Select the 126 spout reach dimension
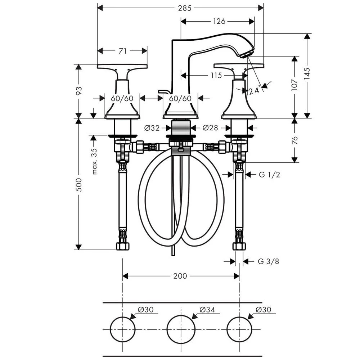pyautogui.click(x=218, y=21)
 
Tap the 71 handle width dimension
pyautogui.click(x=122, y=51)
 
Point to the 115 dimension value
pyautogui.click(x=216, y=75)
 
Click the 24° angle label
pyautogui.click(x=255, y=90)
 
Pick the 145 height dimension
pyautogui.click(x=307, y=75)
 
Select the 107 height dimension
pyautogui.click(x=294, y=85)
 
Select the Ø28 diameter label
pyautogui.click(x=210, y=127)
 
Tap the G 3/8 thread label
pyautogui.click(x=268, y=261)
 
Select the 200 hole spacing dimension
pyautogui.click(x=180, y=276)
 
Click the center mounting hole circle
pyautogui.click(x=181, y=329)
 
